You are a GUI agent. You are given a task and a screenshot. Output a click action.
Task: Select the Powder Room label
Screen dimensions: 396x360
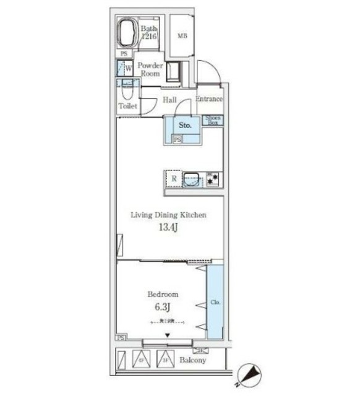click(150, 69)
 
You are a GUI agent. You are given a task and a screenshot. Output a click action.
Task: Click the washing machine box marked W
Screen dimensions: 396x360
click(127, 68)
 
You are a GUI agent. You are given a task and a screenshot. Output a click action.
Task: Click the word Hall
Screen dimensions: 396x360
click(170, 100)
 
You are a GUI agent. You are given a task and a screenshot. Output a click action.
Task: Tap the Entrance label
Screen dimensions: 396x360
click(209, 99)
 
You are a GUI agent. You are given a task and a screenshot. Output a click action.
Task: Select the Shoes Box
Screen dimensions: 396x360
click(213, 121)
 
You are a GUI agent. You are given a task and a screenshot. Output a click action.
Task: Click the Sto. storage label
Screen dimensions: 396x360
click(184, 126)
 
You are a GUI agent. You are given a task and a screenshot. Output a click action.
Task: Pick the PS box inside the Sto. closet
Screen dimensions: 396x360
click(178, 140)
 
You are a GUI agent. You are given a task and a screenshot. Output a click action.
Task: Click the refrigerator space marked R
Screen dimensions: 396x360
click(174, 179)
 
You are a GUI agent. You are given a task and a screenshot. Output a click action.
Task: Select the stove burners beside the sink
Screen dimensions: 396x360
click(213, 179)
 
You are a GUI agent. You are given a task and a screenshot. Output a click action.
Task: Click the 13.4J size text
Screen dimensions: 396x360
click(167, 228)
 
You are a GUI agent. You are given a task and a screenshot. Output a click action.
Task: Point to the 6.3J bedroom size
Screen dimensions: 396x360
click(163, 306)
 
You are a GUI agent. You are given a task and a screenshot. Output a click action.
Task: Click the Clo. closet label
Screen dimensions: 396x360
click(215, 303)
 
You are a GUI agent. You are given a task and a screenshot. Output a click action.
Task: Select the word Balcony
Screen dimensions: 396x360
click(192, 360)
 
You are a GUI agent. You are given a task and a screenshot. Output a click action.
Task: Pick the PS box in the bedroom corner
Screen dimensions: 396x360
click(121, 338)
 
